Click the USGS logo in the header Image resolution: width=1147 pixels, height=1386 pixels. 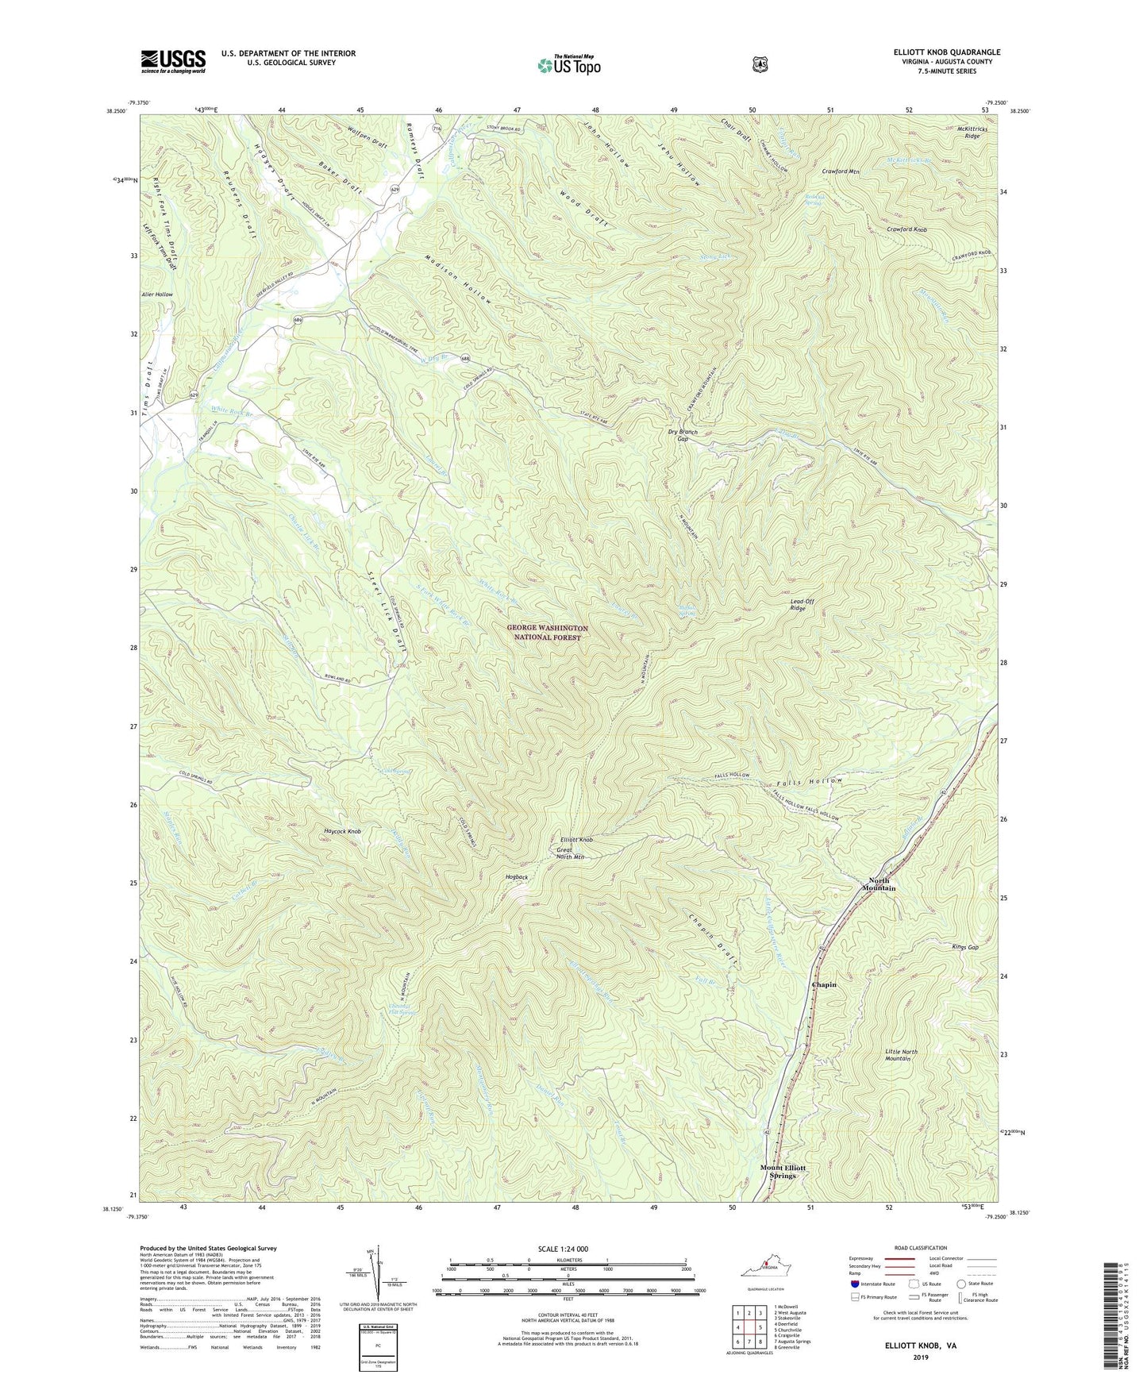pos(173,60)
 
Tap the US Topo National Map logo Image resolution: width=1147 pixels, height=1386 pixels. pos(568,64)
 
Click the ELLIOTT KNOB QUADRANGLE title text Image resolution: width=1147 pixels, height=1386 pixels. pos(946,52)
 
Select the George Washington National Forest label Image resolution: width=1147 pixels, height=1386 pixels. pos(547,633)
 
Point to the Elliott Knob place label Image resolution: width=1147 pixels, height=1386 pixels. pos(576,839)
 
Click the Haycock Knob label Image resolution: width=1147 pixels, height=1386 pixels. pos(343,831)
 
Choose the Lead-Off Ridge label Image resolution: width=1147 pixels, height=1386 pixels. pos(803,605)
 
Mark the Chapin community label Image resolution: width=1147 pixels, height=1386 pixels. pos(824,984)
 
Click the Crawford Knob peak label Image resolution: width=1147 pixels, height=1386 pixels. pos(906,229)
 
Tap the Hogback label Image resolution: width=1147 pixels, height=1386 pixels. pos(517,876)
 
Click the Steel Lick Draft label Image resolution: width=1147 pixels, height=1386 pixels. pos(387,612)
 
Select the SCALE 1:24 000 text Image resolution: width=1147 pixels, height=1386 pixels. pos(563,1249)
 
